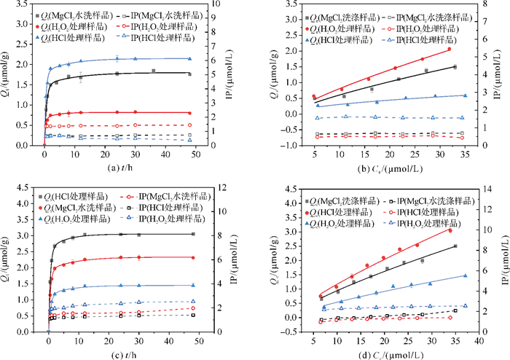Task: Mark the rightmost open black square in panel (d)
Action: pos(455,310)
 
